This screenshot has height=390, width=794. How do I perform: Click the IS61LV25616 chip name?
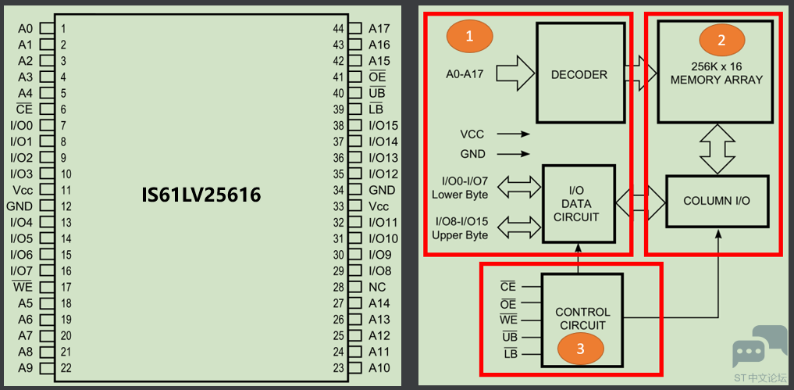(201, 195)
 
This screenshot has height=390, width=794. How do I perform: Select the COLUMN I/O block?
(717, 201)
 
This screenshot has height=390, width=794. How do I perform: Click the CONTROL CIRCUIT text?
(582, 319)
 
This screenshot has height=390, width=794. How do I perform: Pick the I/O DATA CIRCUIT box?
(579, 203)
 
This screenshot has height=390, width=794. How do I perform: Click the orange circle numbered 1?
(469, 37)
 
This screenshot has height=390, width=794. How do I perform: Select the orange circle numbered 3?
(581, 349)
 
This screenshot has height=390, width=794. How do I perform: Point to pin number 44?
(338, 28)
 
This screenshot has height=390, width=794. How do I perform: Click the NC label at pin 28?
(377, 287)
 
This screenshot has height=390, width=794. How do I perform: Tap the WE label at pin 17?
(23, 287)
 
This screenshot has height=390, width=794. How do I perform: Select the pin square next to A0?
(47, 28)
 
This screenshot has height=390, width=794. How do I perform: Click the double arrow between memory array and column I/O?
(717, 149)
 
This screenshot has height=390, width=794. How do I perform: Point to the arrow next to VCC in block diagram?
(513, 134)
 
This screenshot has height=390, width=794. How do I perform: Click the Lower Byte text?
(460, 195)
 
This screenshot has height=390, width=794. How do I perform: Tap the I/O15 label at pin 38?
(383, 125)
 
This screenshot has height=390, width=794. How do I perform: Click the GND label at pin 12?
(20, 206)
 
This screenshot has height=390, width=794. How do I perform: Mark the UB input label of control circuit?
(509, 337)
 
